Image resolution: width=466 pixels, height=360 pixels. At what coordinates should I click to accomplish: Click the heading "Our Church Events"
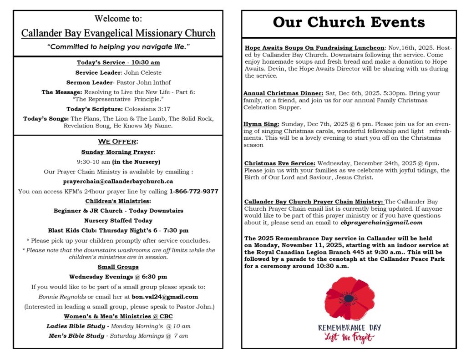pos(349,23)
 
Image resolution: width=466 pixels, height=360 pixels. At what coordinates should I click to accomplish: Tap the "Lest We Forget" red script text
pos(349,337)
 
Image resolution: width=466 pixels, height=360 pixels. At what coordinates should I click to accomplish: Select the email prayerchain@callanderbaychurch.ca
pos(118,181)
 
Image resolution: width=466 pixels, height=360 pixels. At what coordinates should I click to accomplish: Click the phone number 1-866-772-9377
pos(194,191)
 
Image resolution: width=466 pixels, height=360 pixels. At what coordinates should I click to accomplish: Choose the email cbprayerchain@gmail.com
pos(381,223)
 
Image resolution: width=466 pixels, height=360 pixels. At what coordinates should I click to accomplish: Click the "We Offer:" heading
pos(118,142)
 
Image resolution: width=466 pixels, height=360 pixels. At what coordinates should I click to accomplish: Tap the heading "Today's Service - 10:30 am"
pos(118,62)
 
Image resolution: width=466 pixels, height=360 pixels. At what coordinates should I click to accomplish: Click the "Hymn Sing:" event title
pos(262,124)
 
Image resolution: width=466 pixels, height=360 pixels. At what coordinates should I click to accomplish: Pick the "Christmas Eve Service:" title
pos(279,163)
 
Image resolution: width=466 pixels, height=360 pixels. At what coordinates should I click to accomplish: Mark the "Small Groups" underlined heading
pos(118,267)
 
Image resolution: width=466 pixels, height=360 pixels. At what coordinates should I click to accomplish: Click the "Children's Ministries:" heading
pos(118,201)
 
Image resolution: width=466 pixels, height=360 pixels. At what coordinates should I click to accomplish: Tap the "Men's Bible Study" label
pos(76,336)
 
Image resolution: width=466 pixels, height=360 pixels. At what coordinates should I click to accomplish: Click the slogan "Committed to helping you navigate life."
pos(118,47)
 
